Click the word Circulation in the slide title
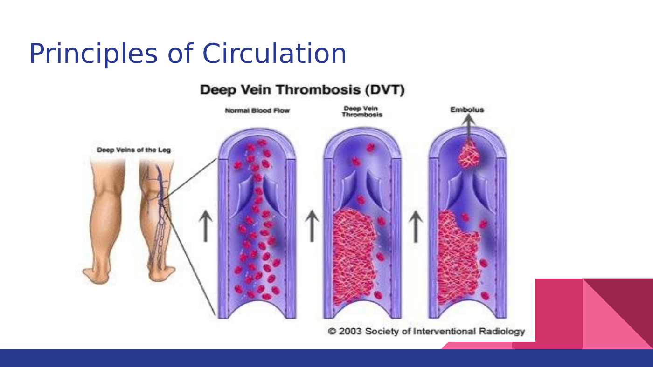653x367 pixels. pos(274,54)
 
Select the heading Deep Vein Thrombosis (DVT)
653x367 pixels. pos(302,90)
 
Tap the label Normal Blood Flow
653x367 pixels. pos(257,111)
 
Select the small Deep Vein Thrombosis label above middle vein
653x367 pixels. pos(362,112)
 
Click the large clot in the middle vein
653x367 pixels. pos(354,251)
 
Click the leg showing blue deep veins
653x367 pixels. pos(157,219)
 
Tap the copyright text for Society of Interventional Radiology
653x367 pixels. pos(426,332)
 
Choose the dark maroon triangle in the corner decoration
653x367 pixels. pos(625,303)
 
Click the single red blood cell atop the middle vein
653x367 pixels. pos(370,148)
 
